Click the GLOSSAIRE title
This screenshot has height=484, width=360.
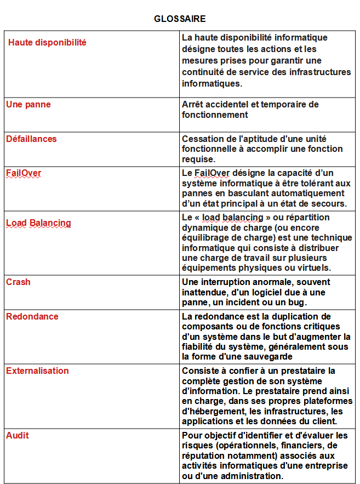tap(180, 19)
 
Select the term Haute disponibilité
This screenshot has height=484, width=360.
tap(47, 42)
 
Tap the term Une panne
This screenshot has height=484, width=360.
tap(28, 104)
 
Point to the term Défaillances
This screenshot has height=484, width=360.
tap(31, 139)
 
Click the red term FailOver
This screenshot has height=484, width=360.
tap(24, 173)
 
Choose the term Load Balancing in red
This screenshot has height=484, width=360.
tap(38, 223)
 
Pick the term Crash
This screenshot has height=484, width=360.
tap(18, 282)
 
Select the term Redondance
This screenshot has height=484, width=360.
tap(32, 316)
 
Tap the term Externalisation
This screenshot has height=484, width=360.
tap(37, 371)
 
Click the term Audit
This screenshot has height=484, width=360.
tap(18, 435)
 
